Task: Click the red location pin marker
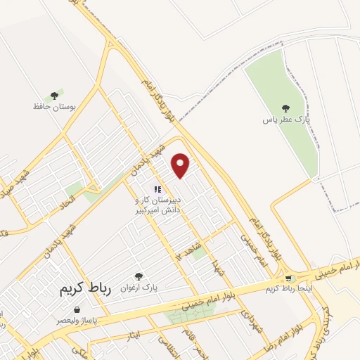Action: point(181,165)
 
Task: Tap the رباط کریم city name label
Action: point(79,290)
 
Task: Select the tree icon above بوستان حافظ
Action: point(53,96)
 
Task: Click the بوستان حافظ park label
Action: point(53,107)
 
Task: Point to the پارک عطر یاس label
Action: point(285,120)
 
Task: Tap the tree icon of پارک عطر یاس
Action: point(285,108)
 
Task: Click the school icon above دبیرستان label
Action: point(158,188)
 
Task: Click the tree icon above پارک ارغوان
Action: point(139,276)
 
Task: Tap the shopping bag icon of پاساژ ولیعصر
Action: point(77,309)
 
